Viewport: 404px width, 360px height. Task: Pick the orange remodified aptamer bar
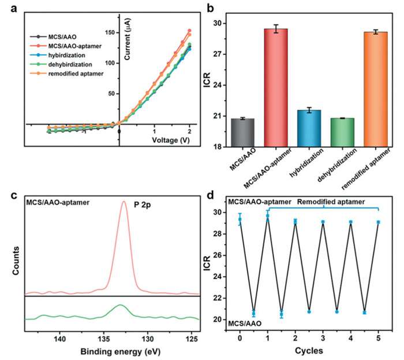[379, 88]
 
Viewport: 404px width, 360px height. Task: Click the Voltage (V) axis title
[170, 140]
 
